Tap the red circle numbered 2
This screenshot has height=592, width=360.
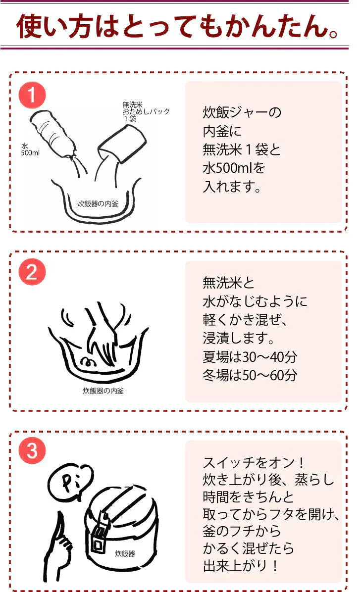coord(32,272)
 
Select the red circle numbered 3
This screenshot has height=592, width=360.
coord(32,451)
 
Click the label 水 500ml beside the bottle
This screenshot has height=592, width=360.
coord(30,149)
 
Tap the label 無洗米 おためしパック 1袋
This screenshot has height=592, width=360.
coord(145,111)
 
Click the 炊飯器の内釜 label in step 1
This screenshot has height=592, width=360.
coord(98,203)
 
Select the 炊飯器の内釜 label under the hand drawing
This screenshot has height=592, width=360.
coord(103,391)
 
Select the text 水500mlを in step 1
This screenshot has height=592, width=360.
coord(234,168)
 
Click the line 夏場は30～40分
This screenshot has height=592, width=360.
coord(250,357)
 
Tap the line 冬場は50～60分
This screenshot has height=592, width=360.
coord(250,375)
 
